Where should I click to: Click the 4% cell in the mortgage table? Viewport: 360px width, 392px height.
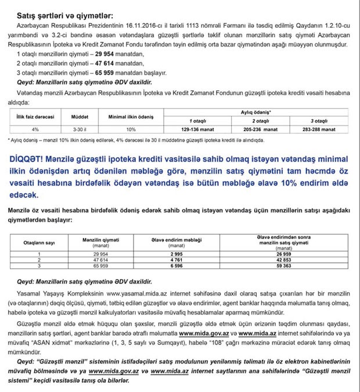click(35, 130)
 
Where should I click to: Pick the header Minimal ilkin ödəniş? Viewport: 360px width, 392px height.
click(131, 116)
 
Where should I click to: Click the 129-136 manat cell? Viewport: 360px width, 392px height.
click(197, 130)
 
